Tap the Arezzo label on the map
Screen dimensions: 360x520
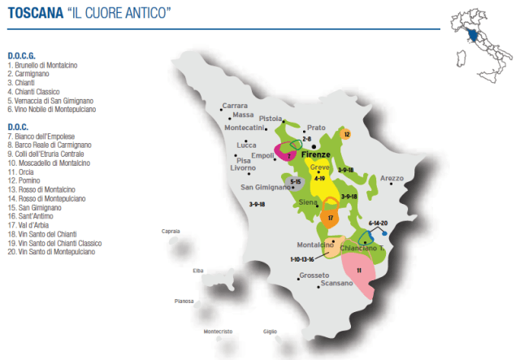pos(391,178)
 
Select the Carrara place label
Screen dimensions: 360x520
pos(235,106)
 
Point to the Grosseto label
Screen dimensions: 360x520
pos(314,275)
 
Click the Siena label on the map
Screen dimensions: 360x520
pos(308,201)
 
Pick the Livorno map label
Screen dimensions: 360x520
pos(243,167)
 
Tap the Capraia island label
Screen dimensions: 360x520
pos(171,232)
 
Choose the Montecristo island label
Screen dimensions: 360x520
pos(218,332)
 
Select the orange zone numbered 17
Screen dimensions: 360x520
pos(331,218)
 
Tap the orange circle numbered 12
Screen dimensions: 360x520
pos(346,134)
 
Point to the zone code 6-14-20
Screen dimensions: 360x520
pos(378,222)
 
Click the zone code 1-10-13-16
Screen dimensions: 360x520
pos(301,258)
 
